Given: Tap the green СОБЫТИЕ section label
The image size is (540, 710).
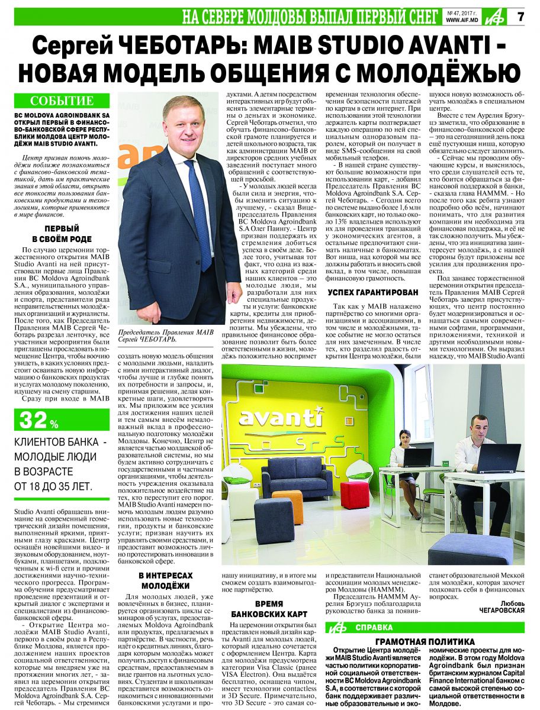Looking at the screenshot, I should point(62,101).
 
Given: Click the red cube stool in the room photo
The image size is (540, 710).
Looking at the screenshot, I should point(355,494).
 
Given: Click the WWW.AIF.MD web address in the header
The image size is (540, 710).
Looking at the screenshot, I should point(462,20).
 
